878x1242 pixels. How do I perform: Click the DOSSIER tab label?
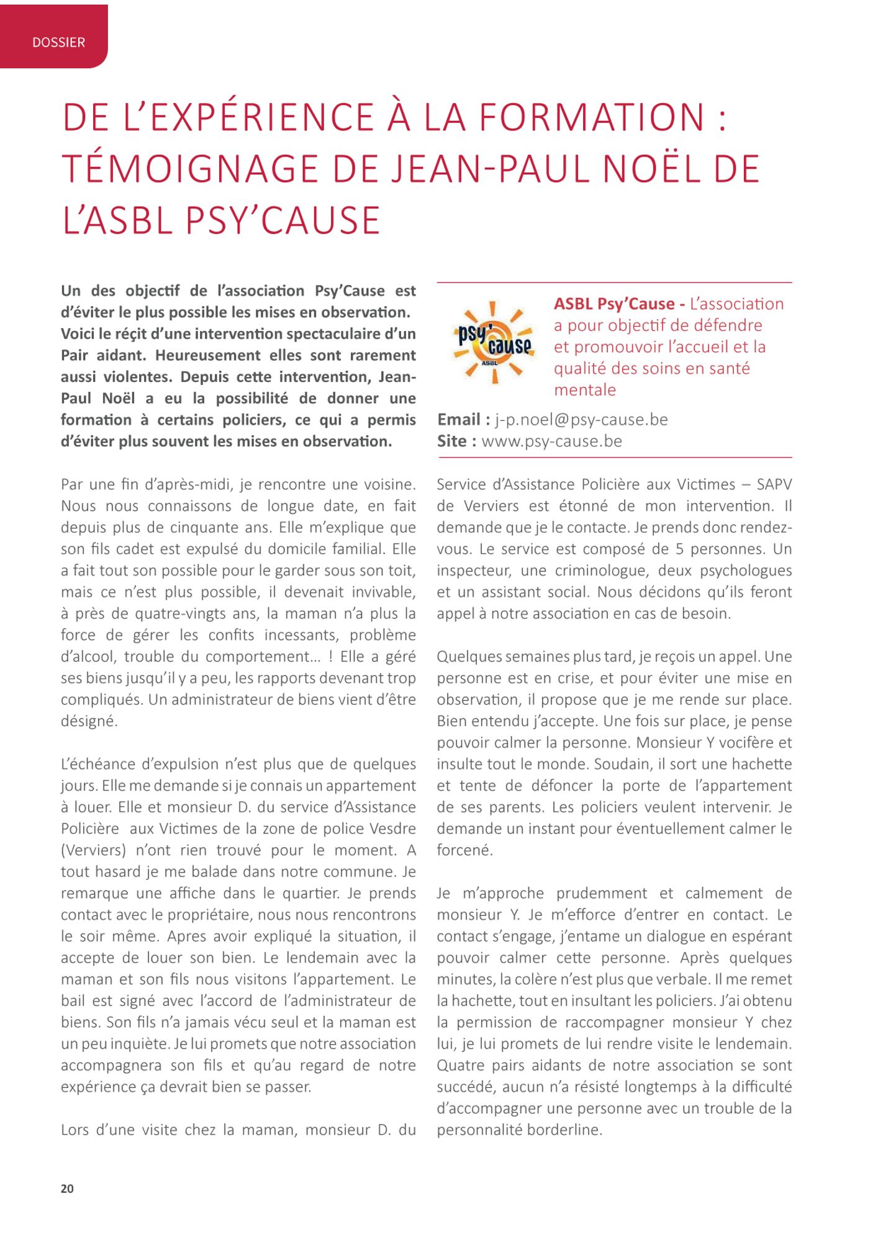coord(58,43)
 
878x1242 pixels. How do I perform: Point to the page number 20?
coord(67,1189)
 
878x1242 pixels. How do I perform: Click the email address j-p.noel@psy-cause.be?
coord(581,420)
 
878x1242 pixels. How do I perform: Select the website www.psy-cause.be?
coord(551,442)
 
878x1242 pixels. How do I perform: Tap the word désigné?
coord(88,722)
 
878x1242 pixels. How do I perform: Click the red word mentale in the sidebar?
coord(585,390)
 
